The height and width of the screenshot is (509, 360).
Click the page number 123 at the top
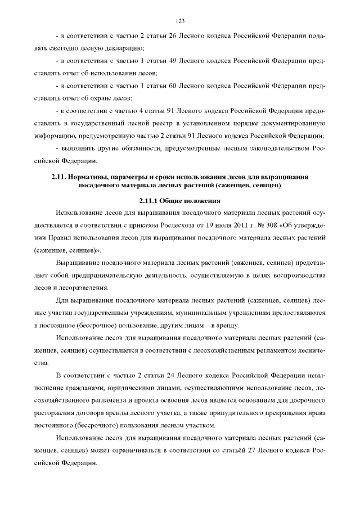[x=180, y=21]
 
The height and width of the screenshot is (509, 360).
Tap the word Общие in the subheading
[x=172, y=200]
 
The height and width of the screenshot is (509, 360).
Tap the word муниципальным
[x=183, y=312]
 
